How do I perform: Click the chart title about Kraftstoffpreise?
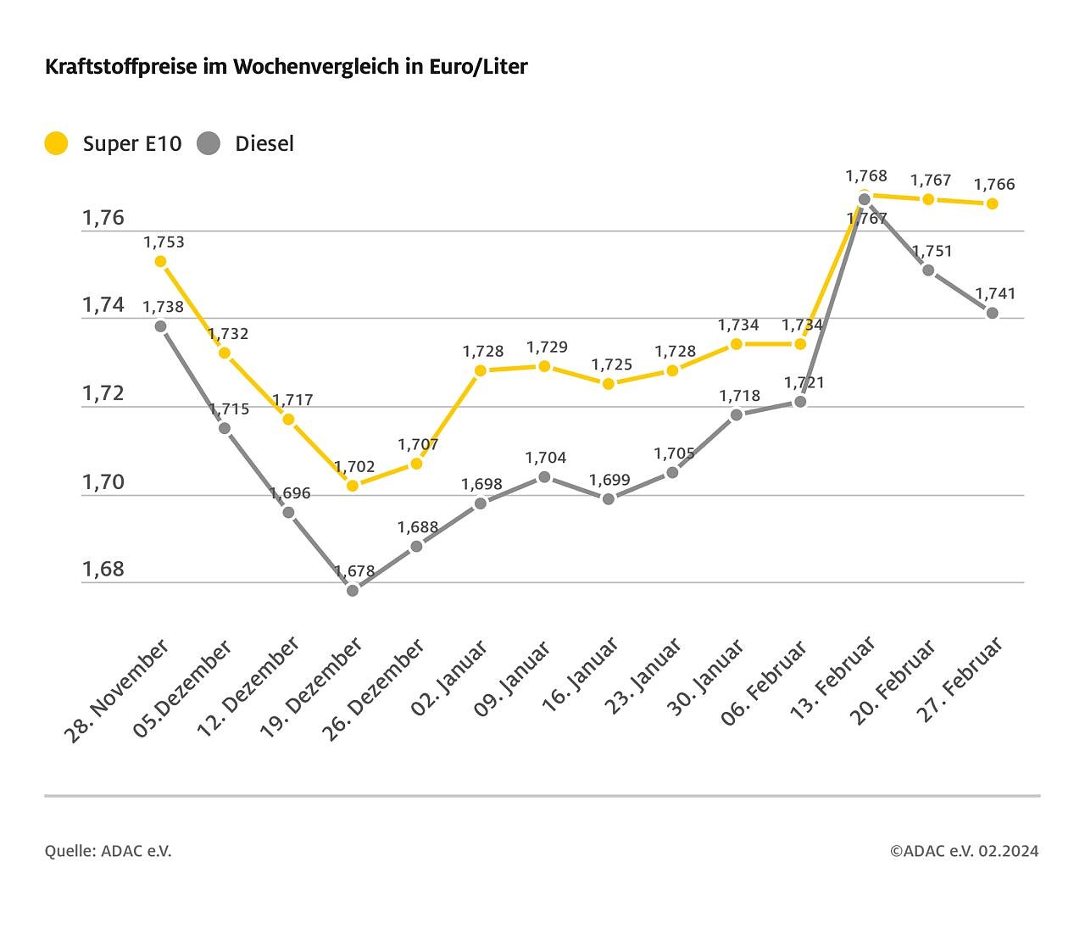286,67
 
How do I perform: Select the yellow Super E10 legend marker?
56,143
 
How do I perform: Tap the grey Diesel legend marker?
209,143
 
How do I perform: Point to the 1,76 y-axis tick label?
103,218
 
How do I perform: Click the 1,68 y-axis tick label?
103,570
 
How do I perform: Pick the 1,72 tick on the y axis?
103,393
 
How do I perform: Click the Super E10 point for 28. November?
160,261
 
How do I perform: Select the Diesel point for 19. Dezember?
353,590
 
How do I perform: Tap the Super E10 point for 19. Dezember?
353,486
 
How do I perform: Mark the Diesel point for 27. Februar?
993,313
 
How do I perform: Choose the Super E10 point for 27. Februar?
993,203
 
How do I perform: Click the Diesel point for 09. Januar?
545,477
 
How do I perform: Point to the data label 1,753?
164,242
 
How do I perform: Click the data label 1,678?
354,571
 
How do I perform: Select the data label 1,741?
994,293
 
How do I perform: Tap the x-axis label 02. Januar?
449,679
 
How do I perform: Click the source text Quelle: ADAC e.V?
108,851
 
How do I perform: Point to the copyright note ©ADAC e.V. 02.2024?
964,851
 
